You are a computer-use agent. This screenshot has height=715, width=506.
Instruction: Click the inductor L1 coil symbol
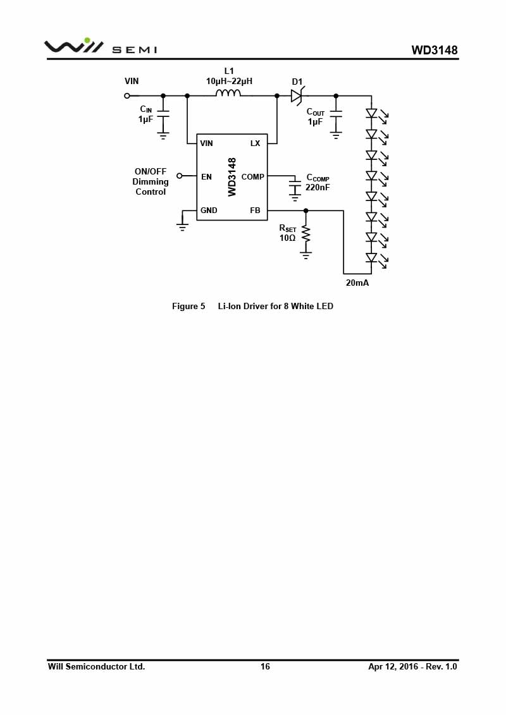[x=228, y=93]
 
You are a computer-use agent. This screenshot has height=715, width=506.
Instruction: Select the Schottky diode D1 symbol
[x=297, y=95]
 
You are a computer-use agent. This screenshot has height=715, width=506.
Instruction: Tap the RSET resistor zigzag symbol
[x=305, y=235]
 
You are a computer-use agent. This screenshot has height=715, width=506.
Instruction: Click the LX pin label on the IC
[x=255, y=143]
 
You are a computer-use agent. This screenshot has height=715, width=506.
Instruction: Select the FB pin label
[x=255, y=211]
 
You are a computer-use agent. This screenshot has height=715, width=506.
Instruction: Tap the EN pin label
[x=206, y=176]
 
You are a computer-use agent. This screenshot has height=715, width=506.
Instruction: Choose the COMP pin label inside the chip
[x=253, y=176]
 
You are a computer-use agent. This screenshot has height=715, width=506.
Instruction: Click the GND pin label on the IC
[x=209, y=211]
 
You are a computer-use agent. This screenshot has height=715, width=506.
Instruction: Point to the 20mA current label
[x=357, y=283]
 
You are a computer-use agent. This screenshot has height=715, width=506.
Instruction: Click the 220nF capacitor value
[x=318, y=187]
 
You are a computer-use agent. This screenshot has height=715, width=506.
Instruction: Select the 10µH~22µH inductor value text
[x=229, y=81]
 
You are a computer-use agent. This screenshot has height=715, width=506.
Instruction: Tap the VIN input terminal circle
[x=127, y=95]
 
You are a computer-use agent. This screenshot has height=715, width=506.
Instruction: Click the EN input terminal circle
[x=179, y=176]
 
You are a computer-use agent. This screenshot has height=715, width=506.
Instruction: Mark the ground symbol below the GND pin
[x=182, y=226]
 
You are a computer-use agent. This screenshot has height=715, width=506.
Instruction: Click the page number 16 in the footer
[x=265, y=667]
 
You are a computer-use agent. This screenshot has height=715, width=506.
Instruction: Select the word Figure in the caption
[x=185, y=306]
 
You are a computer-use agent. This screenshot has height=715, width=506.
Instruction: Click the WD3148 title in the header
[x=435, y=50]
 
